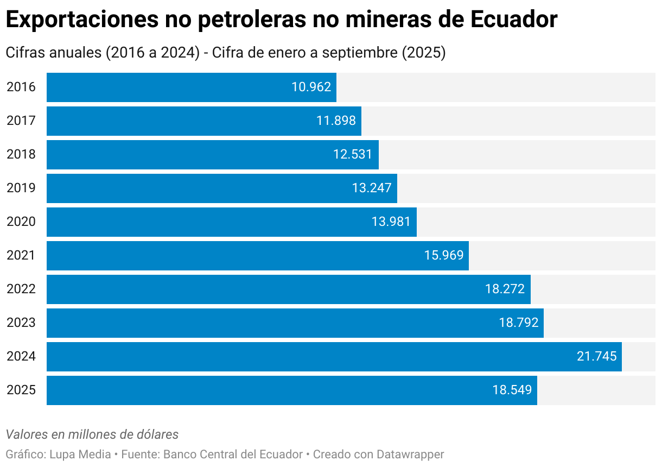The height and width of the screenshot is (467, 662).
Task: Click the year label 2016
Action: (21, 87)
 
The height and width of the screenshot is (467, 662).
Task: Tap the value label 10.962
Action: (311, 87)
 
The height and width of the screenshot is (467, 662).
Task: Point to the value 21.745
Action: (596, 356)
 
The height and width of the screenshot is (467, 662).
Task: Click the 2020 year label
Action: (21, 222)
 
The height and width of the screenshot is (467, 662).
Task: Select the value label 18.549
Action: (512, 390)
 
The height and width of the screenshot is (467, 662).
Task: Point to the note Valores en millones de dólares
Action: (92, 434)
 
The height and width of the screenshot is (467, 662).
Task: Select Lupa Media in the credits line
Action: (80, 454)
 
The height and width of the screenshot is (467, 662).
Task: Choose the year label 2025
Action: (21, 390)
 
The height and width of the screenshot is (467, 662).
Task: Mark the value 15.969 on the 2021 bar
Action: (444, 255)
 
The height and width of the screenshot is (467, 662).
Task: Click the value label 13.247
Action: (372, 188)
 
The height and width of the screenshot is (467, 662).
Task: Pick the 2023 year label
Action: (21, 323)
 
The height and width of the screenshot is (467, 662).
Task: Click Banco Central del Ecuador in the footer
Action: (233, 454)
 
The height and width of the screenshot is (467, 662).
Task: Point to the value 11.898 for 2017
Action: (336, 121)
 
